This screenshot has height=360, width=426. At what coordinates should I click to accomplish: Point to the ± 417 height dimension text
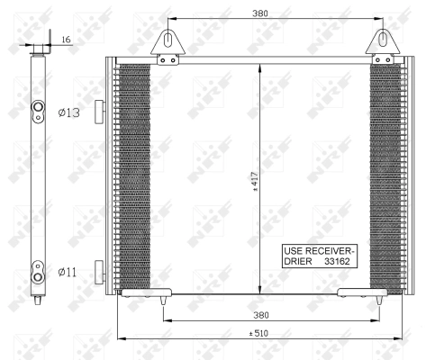click(255, 183)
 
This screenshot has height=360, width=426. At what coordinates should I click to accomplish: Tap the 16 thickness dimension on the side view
click(66, 40)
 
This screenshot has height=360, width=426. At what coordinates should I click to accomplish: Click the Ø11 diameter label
click(68, 271)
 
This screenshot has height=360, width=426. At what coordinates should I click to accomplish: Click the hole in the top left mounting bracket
click(168, 39)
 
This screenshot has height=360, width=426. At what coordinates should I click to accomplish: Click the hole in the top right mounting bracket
click(384, 39)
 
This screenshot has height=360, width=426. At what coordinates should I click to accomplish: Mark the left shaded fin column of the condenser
click(135, 175)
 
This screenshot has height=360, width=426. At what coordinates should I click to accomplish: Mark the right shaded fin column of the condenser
click(389, 175)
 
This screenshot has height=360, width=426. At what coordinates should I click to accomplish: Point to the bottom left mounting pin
click(163, 296)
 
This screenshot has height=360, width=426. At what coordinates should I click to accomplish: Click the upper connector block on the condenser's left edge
click(102, 110)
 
